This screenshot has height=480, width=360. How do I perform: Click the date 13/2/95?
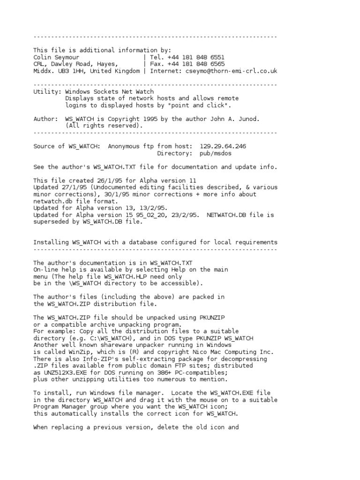click(x=152, y=208)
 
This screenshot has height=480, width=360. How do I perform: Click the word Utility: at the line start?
click(x=47, y=92)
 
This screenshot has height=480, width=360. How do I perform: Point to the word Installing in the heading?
click(x=51, y=242)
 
